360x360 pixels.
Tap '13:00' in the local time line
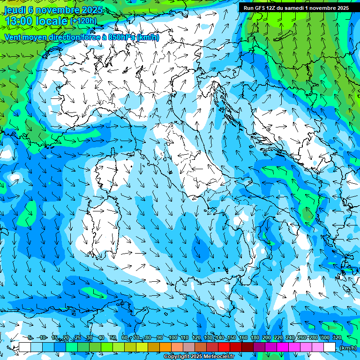click(20, 21)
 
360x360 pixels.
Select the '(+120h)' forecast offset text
click(83, 21)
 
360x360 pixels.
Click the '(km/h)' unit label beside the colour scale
click(348, 348)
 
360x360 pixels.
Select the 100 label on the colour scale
click(173, 338)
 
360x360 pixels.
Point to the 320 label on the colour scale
click(337, 338)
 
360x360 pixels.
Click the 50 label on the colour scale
click(113, 338)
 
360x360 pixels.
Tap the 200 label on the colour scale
click(267, 338)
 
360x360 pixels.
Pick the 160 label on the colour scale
click(243, 338)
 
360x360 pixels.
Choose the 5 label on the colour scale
click(30, 338)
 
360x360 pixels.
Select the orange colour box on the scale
click(165, 347)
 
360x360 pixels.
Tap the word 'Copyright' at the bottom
click(177, 357)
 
